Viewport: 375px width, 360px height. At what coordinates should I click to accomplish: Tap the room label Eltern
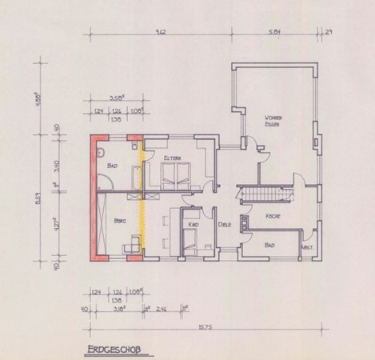pyautogui.click(x=174, y=159)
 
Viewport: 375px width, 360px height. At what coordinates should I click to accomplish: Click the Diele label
pyautogui.click(x=225, y=224)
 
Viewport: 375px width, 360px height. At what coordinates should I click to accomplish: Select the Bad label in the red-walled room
pyautogui.click(x=111, y=166)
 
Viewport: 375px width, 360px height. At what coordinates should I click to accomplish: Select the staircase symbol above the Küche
pyautogui.click(x=263, y=194)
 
